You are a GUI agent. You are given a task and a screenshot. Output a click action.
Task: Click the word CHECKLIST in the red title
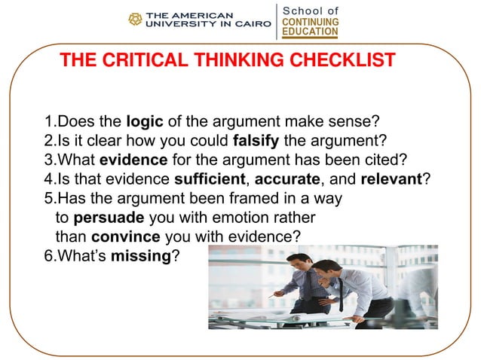[x=342, y=60]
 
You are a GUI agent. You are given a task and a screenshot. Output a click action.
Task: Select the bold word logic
[x=143, y=121]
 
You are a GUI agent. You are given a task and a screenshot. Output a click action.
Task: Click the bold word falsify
[x=260, y=140]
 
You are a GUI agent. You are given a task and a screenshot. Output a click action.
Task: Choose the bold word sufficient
[x=207, y=178]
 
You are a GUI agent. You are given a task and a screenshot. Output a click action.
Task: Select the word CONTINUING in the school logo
[x=310, y=23]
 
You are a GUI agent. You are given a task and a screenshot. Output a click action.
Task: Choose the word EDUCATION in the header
[x=310, y=32]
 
